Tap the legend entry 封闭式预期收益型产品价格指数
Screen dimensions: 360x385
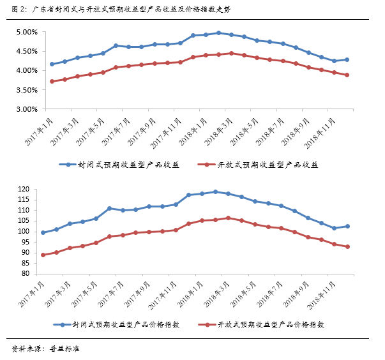coord(128,324)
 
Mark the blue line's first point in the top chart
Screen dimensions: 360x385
coord(52,64)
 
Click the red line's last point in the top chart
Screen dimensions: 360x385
coord(347,75)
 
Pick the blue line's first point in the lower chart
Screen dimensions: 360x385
coord(43,232)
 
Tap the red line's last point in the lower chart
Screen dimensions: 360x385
coord(347,247)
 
